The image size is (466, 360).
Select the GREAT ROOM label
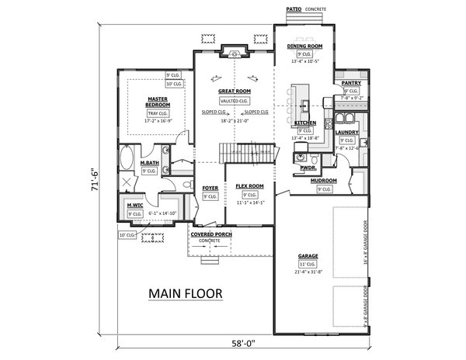point(233,92)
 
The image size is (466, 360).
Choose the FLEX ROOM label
point(249,187)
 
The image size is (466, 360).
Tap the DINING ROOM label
point(304,47)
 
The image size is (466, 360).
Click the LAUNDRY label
point(347,132)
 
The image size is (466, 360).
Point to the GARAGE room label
point(309,255)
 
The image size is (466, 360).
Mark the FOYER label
point(210,189)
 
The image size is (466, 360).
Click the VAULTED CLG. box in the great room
point(233,101)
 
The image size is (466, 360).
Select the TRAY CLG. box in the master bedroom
point(158,113)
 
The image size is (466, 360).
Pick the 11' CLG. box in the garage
point(309,264)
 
